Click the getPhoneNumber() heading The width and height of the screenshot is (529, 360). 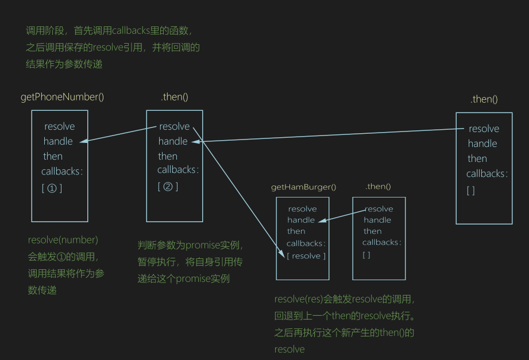click(x=62, y=97)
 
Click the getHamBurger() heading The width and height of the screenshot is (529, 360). click(x=303, y=187)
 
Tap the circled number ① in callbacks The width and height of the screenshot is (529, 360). click(x=52, y=188)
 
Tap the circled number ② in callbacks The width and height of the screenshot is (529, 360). click(x=168, y=186)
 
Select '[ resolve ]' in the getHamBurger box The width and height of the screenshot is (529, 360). click(x=306, y=256)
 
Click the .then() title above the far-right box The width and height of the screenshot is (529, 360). click(x=484, y=99)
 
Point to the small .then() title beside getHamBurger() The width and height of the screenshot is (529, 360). click(x=378, y=187)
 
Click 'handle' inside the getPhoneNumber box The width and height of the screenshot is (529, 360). click(x=58, y=141)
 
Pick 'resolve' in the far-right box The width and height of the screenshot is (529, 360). click(x=484, y=129)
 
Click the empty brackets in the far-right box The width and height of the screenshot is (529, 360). click(x=471, y=191)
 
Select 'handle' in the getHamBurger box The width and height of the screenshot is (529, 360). click(x=301, y=220)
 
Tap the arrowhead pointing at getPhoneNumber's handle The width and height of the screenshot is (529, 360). click(x=83, y=141)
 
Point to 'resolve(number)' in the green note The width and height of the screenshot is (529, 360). click(x=63, y=239)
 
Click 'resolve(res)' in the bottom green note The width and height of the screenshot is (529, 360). click(x=298, y=299)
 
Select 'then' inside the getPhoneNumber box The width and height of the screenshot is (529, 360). click(x=53, y=156)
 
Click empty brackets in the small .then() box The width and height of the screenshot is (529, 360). click(x=366, y=255)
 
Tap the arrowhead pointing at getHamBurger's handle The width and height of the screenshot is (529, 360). click(x=322, y=220)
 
